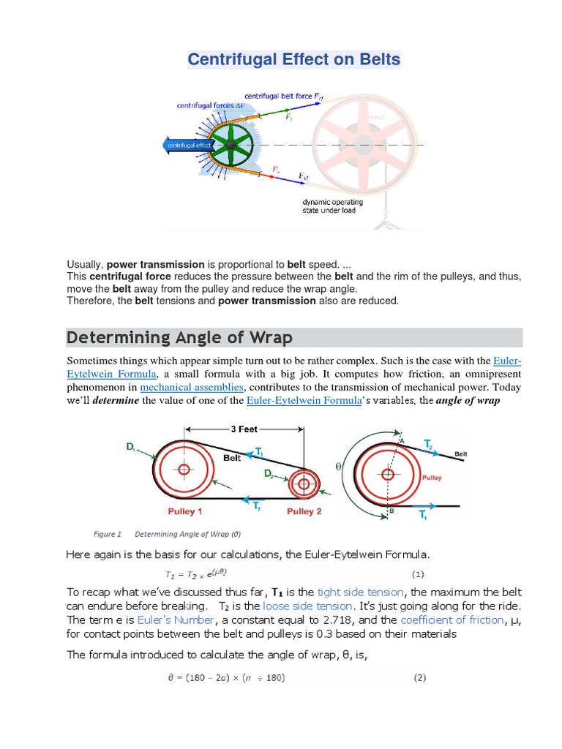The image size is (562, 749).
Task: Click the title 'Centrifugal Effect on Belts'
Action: pyautogui.click(x=294, y=59)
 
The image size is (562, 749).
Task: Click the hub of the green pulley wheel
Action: pyautogui.click(x=231, y=145)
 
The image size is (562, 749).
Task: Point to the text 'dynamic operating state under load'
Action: pyautogui.click(x=329, y=206)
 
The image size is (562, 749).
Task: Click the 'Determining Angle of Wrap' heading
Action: pyautogui.click(x=179, y=337)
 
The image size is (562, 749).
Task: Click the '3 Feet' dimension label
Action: pyautogui.click(x=244, y=429)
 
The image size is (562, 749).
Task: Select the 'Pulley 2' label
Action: pyautogui.click(x=304, y=511)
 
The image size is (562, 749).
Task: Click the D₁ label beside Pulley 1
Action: pyautogui.click(x=132, y=446)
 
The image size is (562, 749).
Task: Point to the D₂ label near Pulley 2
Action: pyautogui.click(x=270, y=473)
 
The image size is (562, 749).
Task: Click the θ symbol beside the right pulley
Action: pyautogui.click(x=338, y=465)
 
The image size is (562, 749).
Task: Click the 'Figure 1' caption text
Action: pyautogui.click(x=108, y=533)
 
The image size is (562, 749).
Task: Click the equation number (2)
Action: pyautogui.click(x=419, y=677)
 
